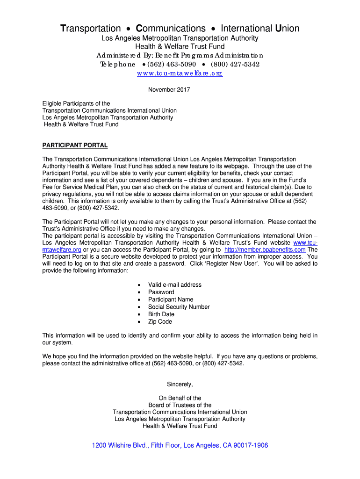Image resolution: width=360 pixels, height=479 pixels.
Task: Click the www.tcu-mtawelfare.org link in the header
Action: click(x=180, y=73)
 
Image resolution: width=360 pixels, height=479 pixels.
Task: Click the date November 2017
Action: click(x=169, y=90)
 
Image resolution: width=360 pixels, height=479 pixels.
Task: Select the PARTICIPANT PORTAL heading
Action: click(x=75, y=145)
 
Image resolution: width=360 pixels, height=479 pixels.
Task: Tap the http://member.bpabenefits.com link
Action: click(x=265, y=249)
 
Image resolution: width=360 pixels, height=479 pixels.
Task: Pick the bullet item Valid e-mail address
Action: click(x=175, y=285)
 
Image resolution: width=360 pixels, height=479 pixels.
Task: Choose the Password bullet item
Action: click(x=161, y=292)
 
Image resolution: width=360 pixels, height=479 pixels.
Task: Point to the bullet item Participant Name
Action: click(x=171, y=299)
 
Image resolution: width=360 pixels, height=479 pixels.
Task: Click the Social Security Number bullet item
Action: click(x=179, y=307)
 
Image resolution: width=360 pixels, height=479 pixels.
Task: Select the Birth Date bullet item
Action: click(x=161, y=314)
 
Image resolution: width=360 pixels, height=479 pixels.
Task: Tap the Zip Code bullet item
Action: click(x=160, y=322)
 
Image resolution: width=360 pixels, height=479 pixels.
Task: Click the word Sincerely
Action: click(x=180, y=385)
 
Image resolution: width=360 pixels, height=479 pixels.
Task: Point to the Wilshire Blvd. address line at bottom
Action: click(x=180, y=445)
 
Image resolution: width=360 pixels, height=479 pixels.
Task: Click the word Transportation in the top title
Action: click(x=91, y=29)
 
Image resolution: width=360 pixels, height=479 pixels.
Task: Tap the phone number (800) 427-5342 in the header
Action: click(x=235, y=64)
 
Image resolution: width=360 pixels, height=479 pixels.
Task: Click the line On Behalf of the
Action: click(x=180, y=398)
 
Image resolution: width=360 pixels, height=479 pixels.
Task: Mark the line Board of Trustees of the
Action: click(x=180, y=405)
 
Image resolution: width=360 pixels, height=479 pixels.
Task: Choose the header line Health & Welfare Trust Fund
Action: click(x=180, y=47)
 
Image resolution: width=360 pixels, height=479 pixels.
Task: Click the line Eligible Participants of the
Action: click(x=76, y=103)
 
